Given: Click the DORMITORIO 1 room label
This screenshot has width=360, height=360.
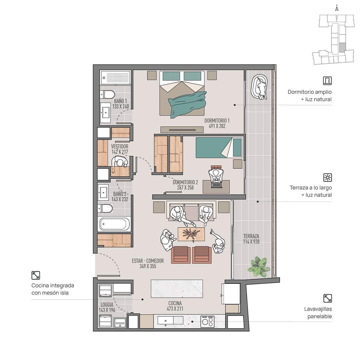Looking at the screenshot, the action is (x=217, y=121).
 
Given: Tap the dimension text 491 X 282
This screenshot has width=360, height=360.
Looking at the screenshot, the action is (x=217, y=126).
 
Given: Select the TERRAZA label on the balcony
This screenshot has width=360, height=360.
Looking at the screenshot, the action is (x=251, y=236).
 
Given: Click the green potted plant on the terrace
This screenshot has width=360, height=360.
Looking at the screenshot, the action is (x=259, y=266).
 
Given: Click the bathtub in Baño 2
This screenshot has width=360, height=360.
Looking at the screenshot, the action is (x=114, y=224).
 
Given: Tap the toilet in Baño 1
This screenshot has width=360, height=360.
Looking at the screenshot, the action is (x=107, y=94).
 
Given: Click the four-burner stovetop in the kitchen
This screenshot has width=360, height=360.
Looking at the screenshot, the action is (x=207, y=321).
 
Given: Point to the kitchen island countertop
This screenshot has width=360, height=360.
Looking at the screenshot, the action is (x=177, y=289).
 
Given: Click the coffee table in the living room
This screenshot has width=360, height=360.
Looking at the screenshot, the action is (x=191, y=234).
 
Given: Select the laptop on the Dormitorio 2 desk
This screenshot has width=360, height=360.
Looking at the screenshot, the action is (x=217, y=184).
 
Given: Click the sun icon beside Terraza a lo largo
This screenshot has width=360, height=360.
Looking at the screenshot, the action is (x=327, y=177).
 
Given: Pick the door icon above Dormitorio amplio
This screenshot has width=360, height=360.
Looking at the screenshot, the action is (x=327, y=81).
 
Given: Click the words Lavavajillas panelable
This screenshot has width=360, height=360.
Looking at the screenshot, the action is (x=318, y=312).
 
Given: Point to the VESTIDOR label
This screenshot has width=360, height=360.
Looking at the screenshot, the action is (x=120, y=146).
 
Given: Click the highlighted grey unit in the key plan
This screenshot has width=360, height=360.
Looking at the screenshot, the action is (x=342, y=47).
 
